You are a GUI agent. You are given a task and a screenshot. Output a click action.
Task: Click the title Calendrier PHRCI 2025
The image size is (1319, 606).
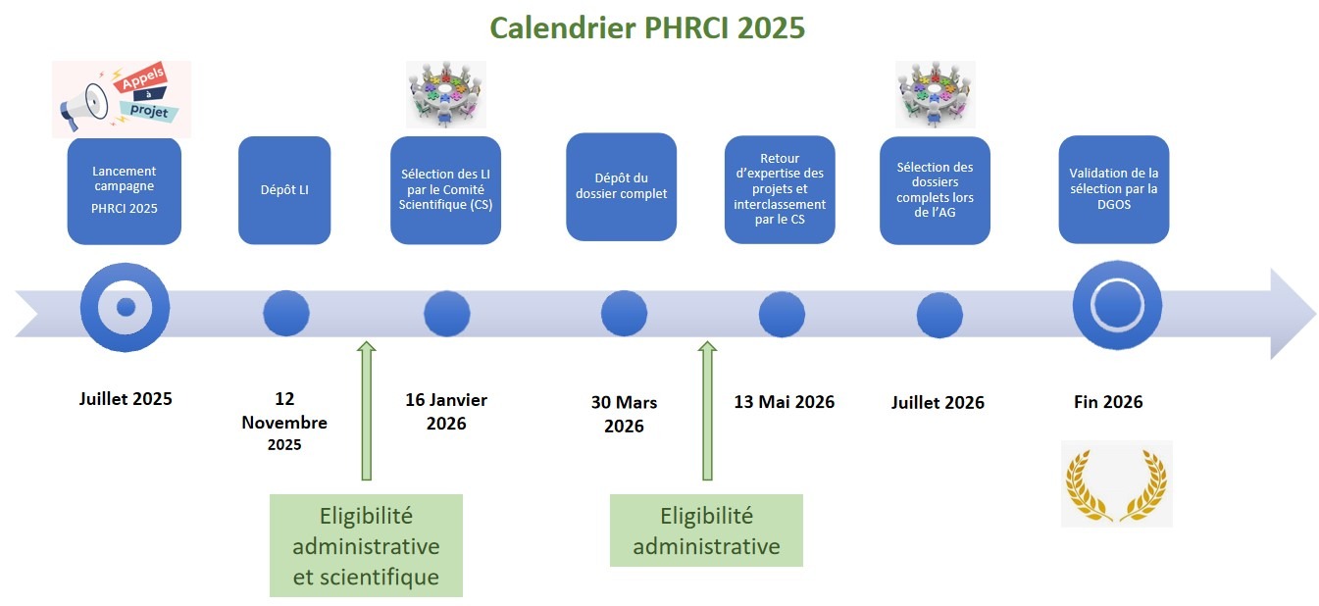point(647,27)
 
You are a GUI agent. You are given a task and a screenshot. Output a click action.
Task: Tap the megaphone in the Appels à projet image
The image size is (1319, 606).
point(83,106)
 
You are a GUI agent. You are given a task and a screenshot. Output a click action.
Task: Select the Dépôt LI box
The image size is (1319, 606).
point(284,189)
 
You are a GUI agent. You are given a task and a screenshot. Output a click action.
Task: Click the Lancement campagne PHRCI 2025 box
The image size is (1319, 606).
point(125,191)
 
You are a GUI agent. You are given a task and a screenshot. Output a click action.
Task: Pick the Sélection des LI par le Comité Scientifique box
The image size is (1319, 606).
point(446,189)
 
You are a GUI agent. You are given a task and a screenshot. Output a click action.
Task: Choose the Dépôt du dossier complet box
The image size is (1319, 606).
point(621,186)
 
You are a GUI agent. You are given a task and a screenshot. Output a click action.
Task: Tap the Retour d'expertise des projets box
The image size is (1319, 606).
point(780,189)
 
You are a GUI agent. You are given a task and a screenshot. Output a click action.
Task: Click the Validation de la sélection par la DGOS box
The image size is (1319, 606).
point(1113,189)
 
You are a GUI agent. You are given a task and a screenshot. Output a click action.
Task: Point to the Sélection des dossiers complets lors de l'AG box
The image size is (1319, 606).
point(936,189)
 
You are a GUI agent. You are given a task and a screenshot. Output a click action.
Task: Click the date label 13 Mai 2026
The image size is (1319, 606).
point(784,402)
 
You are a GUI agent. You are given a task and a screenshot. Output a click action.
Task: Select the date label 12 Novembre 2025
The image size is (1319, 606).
point(284,421)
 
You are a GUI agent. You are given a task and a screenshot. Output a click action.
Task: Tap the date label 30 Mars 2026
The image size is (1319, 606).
point(624,414)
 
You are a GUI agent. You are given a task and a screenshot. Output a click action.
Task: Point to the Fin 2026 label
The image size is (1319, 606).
point(1108,402)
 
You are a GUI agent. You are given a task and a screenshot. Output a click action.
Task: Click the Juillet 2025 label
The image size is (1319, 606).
point(126,399)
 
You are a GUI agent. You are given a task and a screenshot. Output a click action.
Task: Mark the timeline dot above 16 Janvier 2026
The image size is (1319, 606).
point(447,314)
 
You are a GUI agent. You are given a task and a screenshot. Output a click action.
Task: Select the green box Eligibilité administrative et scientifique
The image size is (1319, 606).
point(366,545)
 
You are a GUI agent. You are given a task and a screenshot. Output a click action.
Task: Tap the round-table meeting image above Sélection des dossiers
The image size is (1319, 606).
point(936,94)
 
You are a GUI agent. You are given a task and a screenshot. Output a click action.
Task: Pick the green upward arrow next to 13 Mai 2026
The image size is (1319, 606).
point(707,411)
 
